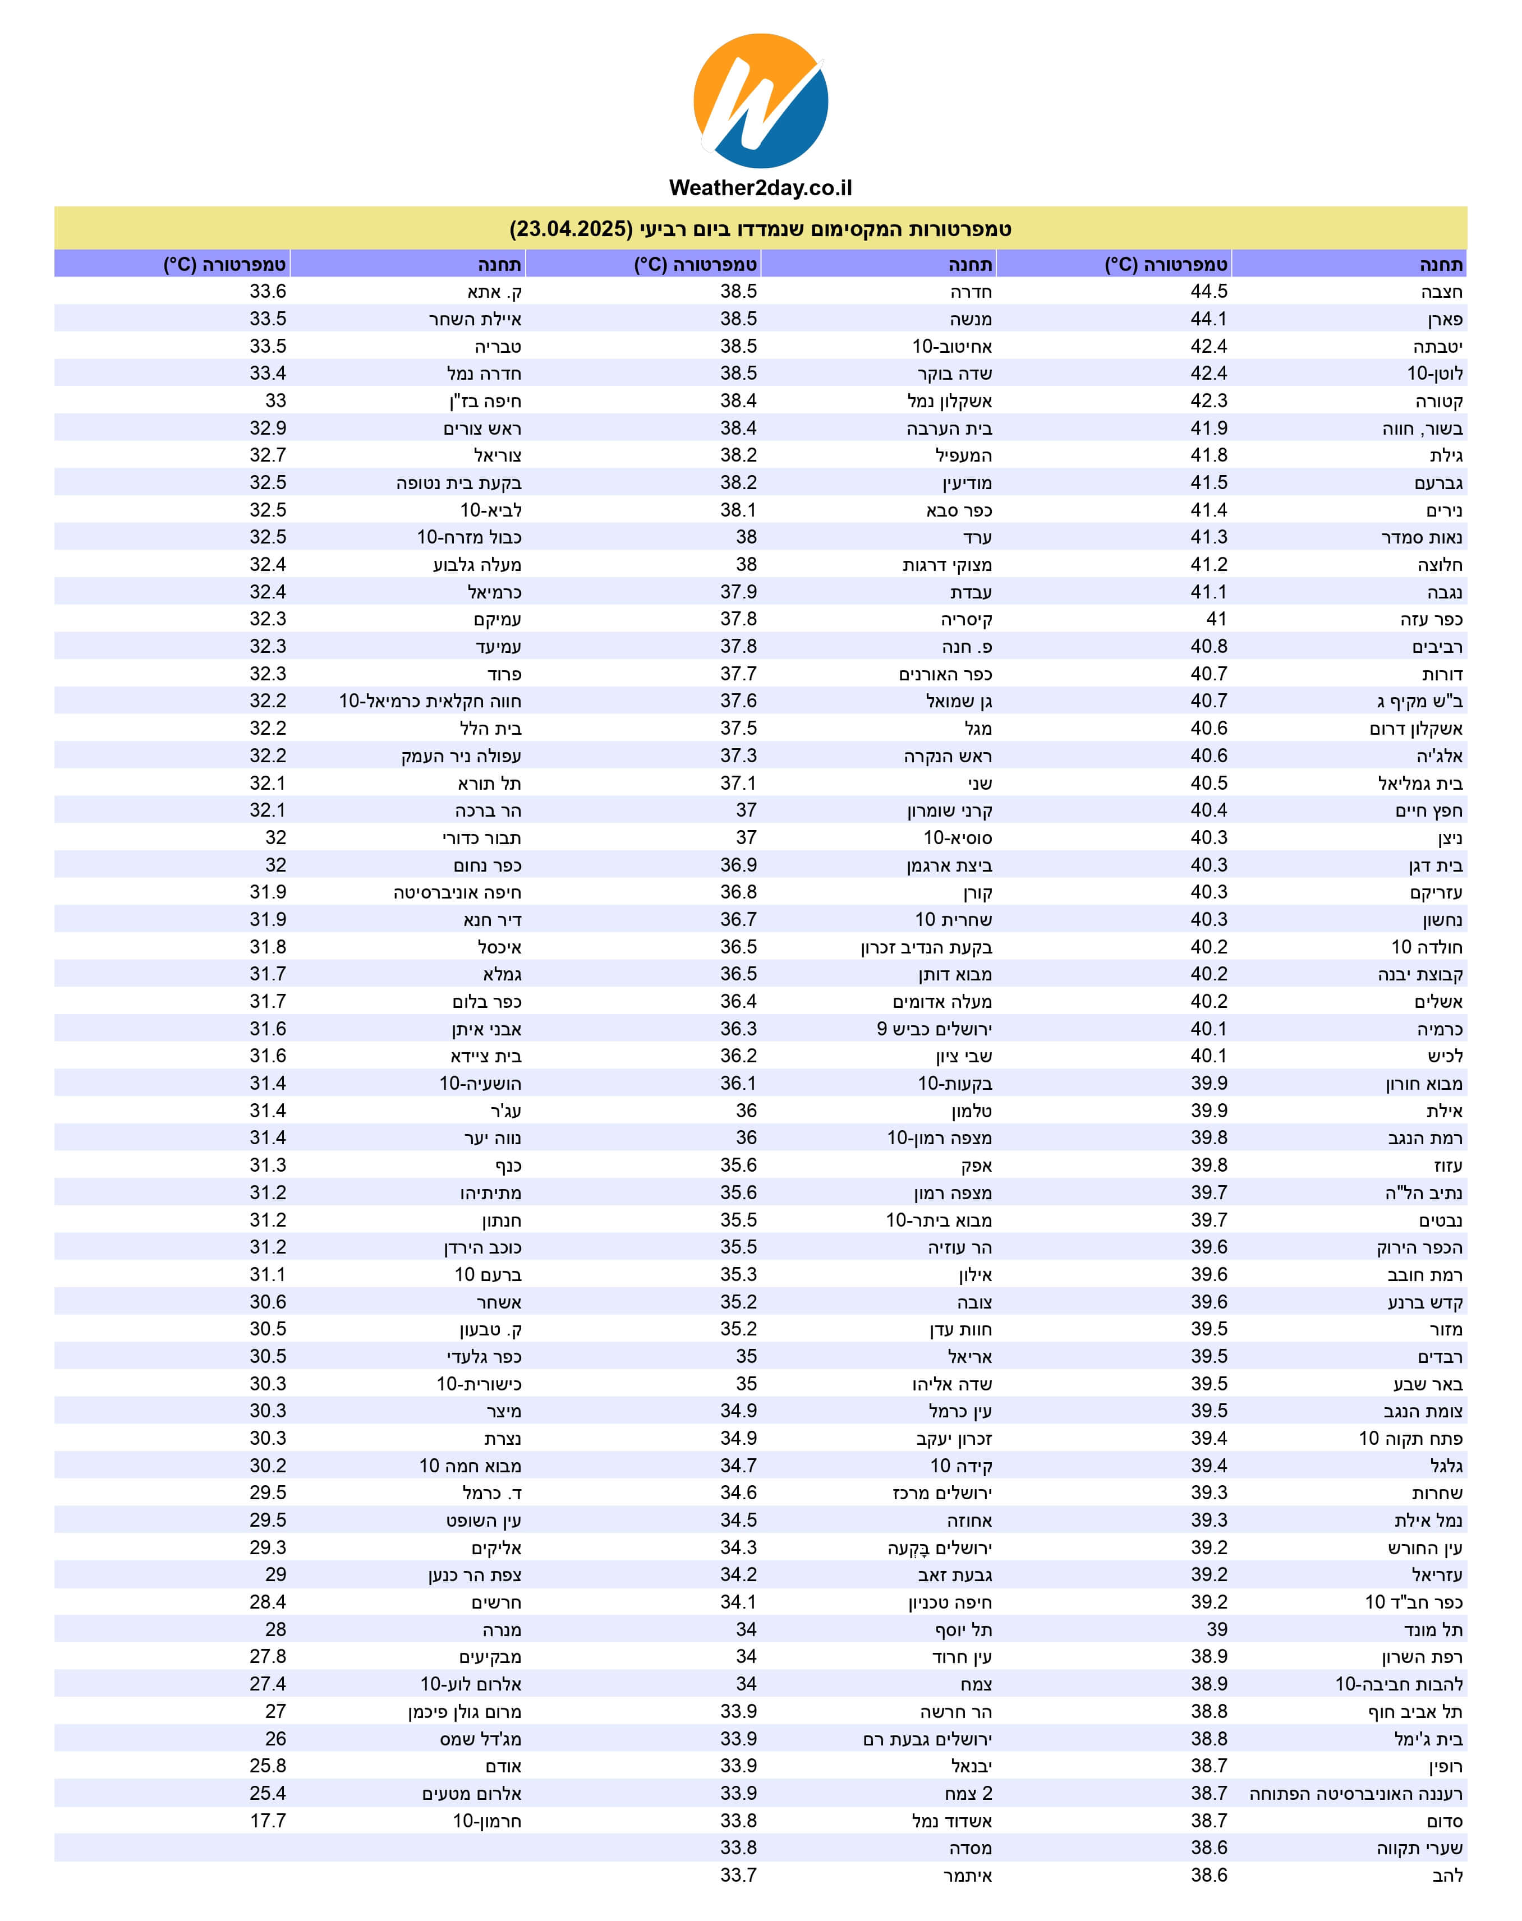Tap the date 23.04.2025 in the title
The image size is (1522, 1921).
pos(571,229)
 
